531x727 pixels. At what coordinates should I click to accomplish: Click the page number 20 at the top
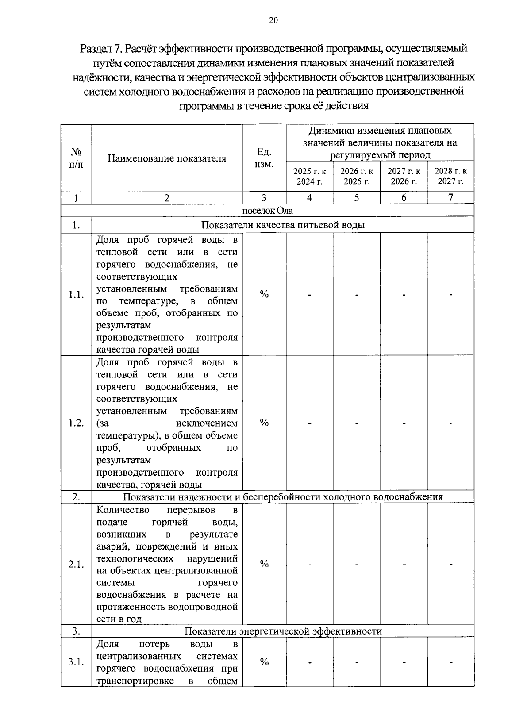click(273, 20)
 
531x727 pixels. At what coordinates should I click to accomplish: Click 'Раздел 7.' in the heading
click(101, 48)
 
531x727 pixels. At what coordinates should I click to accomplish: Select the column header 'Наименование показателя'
click(167, 158)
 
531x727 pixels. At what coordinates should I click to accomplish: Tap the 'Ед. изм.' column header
click(264, 158)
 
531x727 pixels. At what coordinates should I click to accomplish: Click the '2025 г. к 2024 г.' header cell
click(310, 176)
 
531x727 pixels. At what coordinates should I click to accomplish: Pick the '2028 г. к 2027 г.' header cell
click(450, 176)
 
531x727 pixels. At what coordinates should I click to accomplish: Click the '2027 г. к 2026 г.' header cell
click(404, 176)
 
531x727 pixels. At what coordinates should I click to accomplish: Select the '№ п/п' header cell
click(76, 158)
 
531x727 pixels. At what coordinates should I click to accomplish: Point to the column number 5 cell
click(357, 198)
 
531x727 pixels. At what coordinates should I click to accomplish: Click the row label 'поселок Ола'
click(267, 211)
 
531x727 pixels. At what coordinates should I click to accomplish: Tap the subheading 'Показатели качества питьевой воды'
click(283, 225)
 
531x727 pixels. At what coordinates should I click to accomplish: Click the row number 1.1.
click(76, 295)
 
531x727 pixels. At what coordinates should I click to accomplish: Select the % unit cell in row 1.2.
click(264, 423)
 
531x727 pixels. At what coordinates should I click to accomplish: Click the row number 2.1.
click(76, 564)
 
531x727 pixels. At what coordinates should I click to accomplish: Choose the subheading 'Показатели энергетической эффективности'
click(283, 631)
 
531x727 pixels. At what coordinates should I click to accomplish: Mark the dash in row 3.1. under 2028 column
click(450, 662)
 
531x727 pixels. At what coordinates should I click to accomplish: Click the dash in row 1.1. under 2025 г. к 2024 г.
click(310, 295)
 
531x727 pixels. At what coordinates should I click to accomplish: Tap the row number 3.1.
click(76, 662)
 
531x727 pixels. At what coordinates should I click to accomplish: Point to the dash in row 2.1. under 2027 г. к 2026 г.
click(404, 565)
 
